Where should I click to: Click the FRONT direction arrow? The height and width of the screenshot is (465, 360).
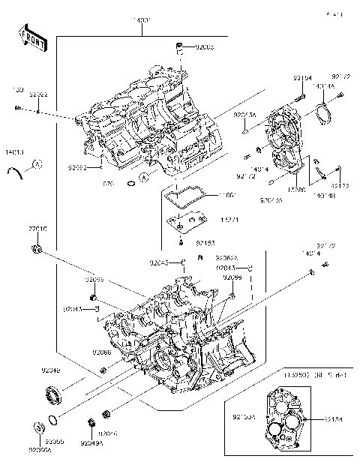point(31,37)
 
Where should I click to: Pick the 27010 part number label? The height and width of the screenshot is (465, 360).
point(37,229)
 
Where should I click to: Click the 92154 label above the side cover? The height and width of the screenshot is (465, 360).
point(302,77)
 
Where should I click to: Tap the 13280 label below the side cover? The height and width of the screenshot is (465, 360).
point(297,192)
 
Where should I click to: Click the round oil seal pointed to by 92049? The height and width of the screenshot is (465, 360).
point(52,391)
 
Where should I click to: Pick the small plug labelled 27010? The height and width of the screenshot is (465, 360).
point(37,247)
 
